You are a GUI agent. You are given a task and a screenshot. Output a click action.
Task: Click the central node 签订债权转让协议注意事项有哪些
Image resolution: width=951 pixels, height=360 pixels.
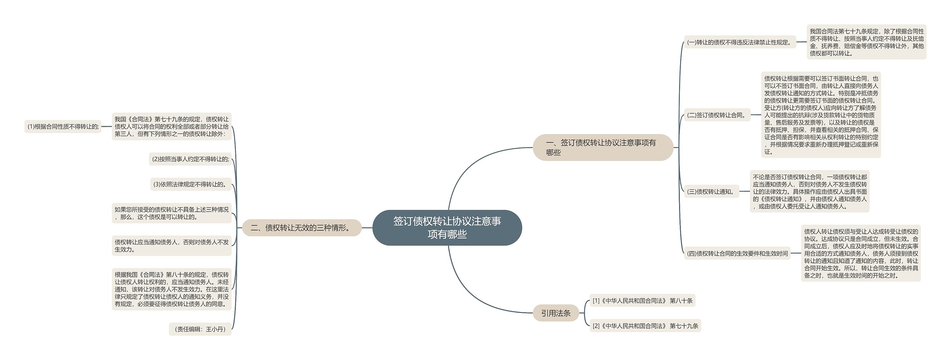(x=447, y=228)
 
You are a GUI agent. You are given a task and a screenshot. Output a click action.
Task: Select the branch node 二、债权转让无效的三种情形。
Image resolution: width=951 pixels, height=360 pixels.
(x=302, y=228)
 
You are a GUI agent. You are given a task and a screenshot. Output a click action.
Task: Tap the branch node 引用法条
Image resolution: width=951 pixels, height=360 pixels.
(x=556, y=313)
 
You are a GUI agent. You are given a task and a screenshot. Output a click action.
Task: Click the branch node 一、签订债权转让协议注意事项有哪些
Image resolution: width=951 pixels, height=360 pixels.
(x=603, y=147)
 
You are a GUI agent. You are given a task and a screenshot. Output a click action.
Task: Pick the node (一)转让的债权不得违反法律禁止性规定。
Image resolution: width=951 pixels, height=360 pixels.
(x=740, y=42)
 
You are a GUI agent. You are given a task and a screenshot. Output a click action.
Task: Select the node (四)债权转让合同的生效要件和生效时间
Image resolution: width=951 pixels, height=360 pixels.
(x=737, y=253)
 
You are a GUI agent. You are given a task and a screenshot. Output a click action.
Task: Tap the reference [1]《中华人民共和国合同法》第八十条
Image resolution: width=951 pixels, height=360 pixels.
(x=642, y=301)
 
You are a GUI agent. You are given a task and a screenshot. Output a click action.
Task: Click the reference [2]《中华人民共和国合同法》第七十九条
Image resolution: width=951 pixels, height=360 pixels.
(x=645, y=326)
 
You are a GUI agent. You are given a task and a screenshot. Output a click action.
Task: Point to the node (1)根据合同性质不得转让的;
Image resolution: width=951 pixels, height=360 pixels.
(x=63, y=127)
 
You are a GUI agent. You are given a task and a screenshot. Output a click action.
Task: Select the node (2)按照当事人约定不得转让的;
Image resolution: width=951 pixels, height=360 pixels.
(x=190, y=159)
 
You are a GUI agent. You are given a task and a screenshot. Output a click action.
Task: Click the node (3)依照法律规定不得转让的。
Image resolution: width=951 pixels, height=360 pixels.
(x=191, y=184)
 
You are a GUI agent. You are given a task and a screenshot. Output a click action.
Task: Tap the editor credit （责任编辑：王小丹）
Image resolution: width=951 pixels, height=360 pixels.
(x=200, y=329)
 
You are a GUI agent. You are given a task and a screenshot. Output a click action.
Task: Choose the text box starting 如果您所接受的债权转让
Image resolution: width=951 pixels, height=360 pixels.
(x=171, y=213)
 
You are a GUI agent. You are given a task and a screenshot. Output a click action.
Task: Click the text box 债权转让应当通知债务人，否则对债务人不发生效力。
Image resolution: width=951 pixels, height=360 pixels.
(x=171, y=246)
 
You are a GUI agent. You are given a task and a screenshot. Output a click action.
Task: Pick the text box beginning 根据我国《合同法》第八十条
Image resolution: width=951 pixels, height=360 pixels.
(x=171, y=289)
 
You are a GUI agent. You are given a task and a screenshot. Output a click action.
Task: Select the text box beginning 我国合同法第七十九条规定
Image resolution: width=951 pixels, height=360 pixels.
(x=866, y=42)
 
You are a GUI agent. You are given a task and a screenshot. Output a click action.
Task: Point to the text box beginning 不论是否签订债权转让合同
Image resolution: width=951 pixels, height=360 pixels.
(x=809, y=192)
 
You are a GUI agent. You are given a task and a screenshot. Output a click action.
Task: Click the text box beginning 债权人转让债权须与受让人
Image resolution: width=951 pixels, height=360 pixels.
(x=861, y=253)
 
